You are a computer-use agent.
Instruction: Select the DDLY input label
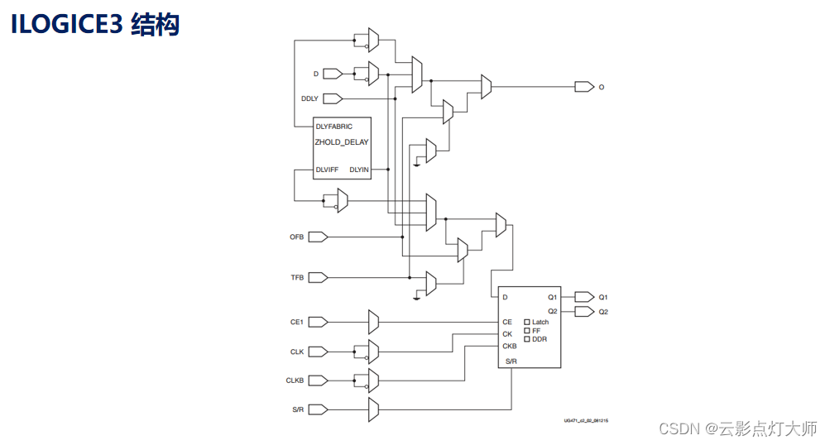(309, 98)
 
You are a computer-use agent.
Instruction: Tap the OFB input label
(296, 237)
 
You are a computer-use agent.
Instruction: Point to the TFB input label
(296, 278)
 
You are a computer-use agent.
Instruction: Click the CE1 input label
(296, 322)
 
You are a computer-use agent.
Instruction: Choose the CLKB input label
(295, 380)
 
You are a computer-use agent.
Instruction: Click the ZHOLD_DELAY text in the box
(341, 142)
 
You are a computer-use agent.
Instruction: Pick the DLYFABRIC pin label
(333, 127)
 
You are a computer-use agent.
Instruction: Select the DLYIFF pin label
(327, 170)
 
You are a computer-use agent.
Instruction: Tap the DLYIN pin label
(359, 170)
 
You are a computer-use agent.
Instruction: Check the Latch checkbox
(527, 322)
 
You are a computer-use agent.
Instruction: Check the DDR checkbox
(527, 339)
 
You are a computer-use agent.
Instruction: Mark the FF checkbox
(527, 330)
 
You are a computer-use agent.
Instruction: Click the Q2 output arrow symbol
(583, 312)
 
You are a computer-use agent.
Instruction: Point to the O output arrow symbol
(583, 86)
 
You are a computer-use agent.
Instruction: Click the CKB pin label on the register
(509, 346)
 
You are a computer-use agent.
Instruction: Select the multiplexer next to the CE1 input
(373, 322)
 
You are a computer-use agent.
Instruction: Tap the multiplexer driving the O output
(487, 86)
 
